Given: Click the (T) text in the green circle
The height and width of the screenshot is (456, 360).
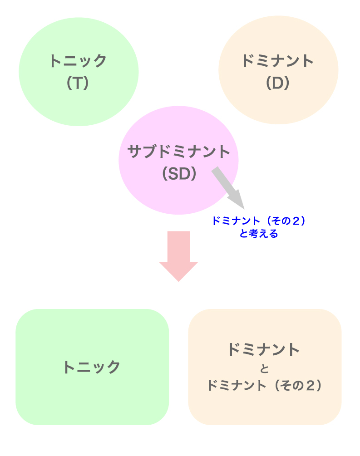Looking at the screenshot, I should point(78,83).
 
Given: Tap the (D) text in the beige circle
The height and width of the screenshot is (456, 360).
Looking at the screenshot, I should point(278,83).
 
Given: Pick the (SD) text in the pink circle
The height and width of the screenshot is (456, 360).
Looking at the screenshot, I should point(179,174).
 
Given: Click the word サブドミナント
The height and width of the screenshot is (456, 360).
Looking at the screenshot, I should point(179,152).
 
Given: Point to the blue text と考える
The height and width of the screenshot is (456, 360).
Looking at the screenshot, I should point(258,234).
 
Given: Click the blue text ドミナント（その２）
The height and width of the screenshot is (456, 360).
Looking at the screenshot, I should point(258,221).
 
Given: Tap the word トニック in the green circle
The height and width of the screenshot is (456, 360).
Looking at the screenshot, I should point(78,61).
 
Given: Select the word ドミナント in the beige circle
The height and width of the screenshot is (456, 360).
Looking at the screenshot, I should point(278,61).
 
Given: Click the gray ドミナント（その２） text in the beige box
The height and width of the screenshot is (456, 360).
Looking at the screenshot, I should point(265,386).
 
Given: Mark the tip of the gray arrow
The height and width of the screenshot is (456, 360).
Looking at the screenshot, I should point(243,207).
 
